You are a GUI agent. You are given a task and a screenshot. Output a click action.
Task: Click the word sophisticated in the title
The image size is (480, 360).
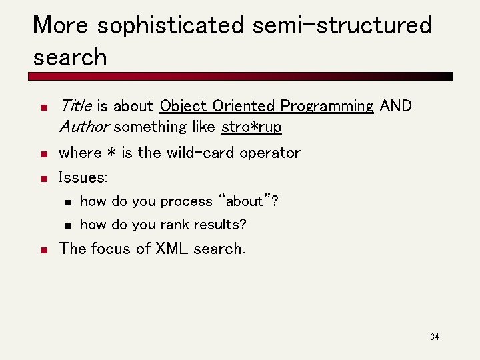pyautogui.click(x=171, y=26)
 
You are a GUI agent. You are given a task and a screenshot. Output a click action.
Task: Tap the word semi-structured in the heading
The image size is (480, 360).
pyautogui.click(x=342, y=26)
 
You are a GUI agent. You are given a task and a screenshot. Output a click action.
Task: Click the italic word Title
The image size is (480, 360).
pyautogui.click(x=76, y=106)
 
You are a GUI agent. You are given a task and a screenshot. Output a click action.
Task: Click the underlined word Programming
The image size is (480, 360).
pyautogui.click(x=327, y=107)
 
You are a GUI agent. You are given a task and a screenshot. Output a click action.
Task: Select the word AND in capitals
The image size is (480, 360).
pyautogui.click(x=395, y=106)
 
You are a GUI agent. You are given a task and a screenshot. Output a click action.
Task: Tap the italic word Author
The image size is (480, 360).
pyautogui.click(x=84, y=127)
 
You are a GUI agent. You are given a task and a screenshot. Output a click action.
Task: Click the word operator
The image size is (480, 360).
pyautogui.click(x=270, y=153)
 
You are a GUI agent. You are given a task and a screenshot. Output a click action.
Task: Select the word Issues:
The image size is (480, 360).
pyautogui.click(x=83, y=177)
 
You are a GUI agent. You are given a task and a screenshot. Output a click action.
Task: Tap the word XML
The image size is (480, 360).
pyautogui.click(x=172, y=249)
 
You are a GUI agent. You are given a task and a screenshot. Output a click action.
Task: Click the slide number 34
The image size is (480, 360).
pyautogui.click(x=435, y=337)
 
